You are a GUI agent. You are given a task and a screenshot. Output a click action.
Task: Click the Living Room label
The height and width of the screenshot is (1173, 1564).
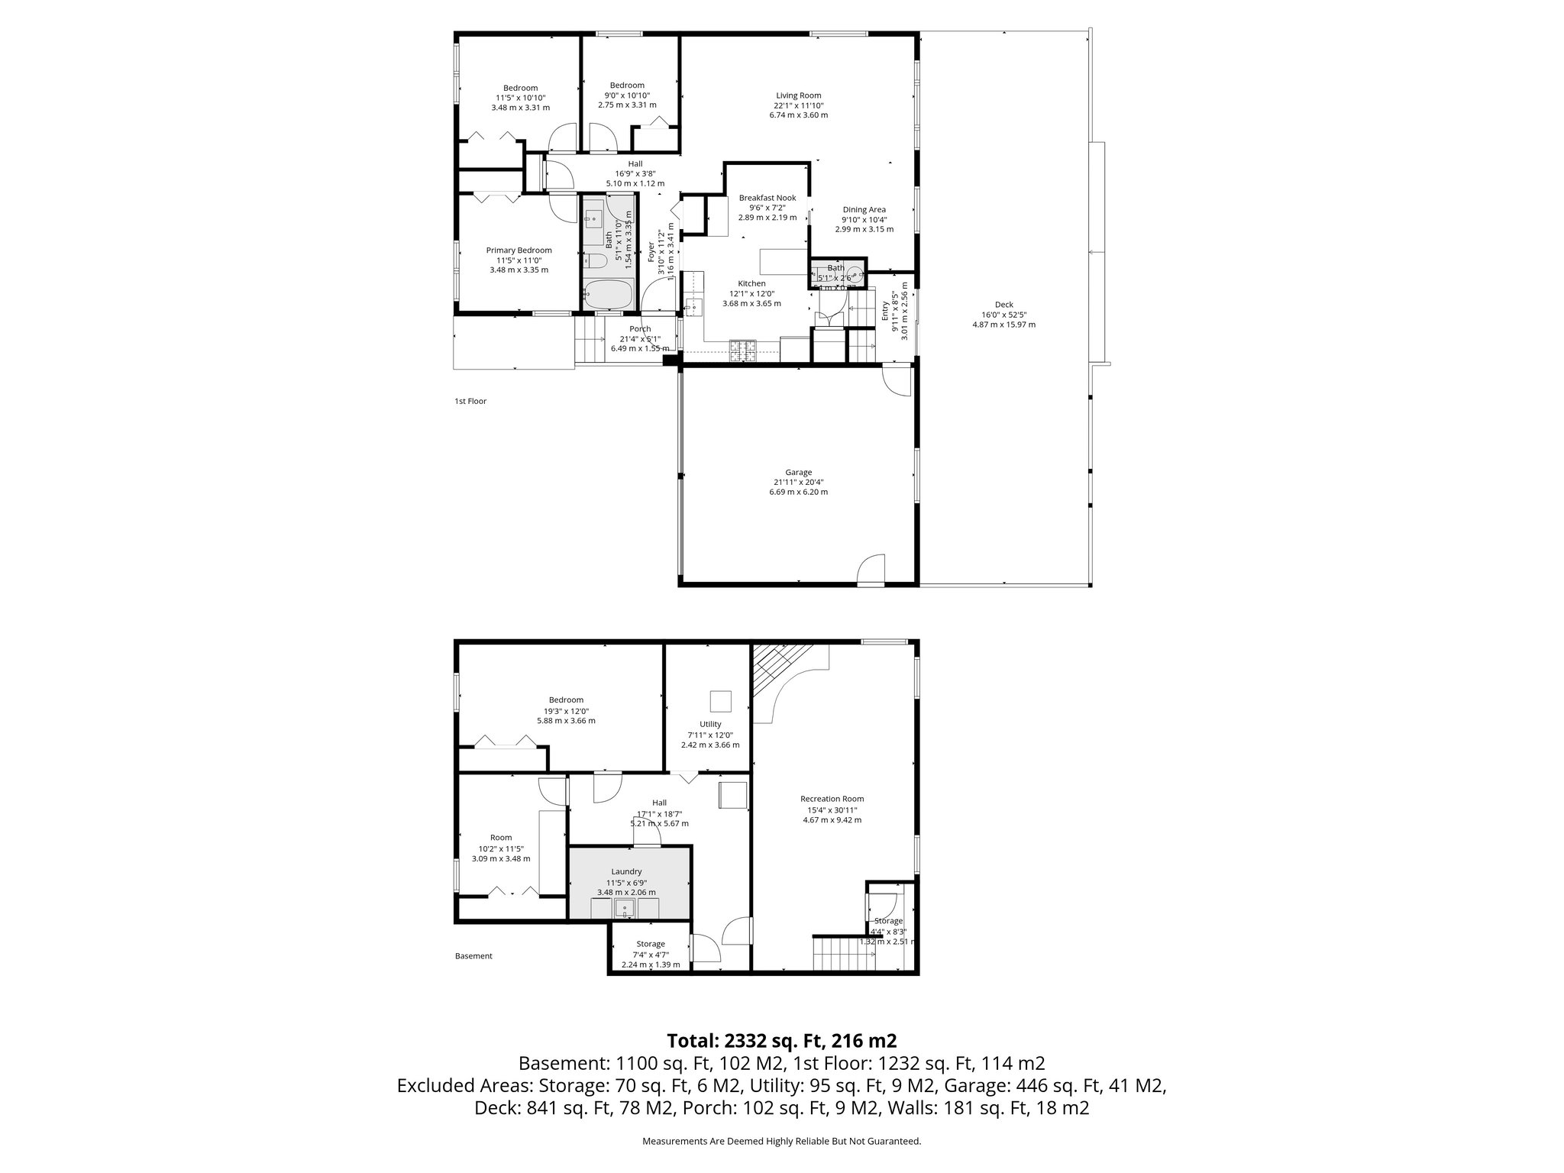798,95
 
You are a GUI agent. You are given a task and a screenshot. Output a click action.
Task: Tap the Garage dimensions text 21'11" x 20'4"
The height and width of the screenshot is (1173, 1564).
798,482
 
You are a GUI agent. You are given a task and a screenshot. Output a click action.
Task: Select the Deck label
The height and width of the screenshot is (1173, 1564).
1003,305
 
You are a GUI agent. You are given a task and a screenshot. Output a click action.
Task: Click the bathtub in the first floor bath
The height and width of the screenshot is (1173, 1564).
608,293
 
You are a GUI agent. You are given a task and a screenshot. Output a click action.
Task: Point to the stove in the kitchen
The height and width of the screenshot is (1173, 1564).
742,351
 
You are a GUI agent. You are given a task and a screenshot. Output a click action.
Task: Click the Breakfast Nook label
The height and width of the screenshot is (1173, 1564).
767,198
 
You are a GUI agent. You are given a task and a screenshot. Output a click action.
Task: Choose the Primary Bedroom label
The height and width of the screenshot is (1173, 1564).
519,250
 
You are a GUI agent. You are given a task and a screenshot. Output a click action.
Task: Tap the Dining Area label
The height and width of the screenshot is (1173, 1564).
864,210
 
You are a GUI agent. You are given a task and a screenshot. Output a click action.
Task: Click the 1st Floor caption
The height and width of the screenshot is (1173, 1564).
470,401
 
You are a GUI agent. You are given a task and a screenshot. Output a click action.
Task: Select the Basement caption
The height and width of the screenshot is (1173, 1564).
473,955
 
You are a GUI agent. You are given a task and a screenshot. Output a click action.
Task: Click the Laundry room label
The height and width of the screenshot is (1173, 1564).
626,871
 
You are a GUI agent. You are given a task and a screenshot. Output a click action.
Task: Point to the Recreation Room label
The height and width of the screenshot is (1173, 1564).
832,799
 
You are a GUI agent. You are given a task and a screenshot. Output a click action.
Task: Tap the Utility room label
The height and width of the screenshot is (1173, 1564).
710,724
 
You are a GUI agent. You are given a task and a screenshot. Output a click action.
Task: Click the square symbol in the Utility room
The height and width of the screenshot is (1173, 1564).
720,700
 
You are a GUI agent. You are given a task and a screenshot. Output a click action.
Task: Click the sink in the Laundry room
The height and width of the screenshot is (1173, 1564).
625,910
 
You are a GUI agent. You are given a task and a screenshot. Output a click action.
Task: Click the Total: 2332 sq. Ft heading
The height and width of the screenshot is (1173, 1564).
781,1040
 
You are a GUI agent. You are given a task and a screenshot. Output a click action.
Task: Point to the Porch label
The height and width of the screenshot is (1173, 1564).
640,329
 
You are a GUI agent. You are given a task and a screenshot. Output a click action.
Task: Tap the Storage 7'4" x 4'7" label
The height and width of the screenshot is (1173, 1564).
651,944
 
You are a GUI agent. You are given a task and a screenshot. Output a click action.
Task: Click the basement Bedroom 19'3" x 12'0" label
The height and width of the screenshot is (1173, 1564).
566,700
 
